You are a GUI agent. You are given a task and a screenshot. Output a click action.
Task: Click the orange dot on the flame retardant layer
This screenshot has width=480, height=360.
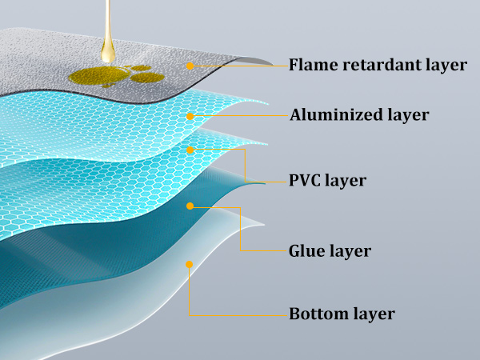pyautogui.click(x=190, y=66)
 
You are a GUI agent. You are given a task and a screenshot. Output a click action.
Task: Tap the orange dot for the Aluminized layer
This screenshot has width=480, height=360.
pyautogui.click(x=190, y=116)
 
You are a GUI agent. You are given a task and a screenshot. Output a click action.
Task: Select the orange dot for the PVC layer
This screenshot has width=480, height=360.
pyautogui.click(x=190, y=150)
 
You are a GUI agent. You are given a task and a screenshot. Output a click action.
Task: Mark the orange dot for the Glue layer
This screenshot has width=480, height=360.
pyautogui.click(x=190, y=206)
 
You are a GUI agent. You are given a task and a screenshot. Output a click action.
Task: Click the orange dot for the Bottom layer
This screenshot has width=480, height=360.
pyautogui.click(x=190, y=264)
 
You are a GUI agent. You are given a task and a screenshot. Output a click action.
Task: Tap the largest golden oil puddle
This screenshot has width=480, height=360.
pyautogui.click(x=98, y=77)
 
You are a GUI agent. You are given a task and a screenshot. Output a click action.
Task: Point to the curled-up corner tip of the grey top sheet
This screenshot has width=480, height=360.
pyautogui.click(x=273, y=64)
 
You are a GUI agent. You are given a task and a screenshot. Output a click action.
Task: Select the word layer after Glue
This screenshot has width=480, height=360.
pyautogui.click(x=350, y=252)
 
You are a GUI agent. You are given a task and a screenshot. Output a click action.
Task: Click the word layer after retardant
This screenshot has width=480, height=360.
pyautogui.click(x=446, y=66)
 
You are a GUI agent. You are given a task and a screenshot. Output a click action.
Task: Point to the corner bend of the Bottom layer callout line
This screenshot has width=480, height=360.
pyautogui.click(x=190, y=315)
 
